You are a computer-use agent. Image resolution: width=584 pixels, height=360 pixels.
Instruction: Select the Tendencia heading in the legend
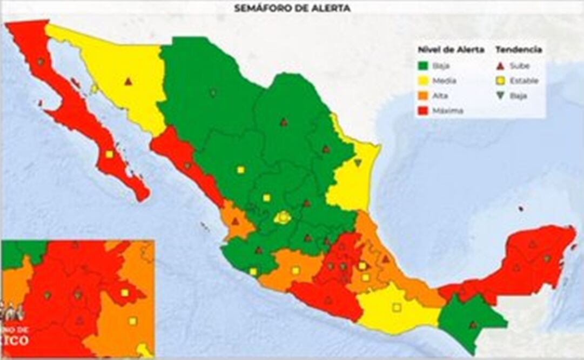(519, 50)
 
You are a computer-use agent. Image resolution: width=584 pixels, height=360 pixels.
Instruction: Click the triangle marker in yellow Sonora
(128, 82)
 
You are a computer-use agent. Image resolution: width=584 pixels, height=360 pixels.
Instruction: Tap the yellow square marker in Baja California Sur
(109, 154)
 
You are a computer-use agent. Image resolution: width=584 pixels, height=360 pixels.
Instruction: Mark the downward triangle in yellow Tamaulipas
(358, 162)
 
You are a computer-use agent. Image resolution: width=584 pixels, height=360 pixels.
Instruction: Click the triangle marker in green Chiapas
(473, 325)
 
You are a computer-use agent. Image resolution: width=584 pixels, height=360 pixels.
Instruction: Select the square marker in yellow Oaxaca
(397, 307)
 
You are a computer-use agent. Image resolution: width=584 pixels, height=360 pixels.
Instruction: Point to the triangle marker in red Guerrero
(328, 299)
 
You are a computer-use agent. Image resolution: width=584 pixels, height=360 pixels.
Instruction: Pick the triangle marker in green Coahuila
(284, 122)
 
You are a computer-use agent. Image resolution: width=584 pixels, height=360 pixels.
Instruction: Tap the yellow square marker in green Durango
(240, 170)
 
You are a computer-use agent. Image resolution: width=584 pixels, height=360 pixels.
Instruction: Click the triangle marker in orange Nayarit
(235, 221)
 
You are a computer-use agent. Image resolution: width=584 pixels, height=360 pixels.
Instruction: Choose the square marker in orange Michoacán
(296, 270)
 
